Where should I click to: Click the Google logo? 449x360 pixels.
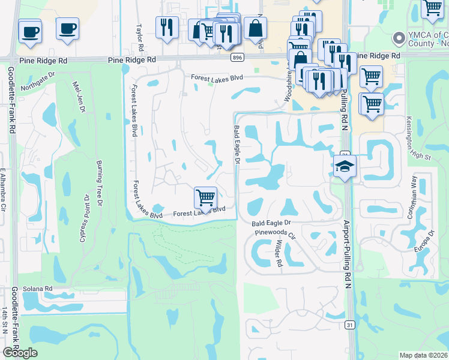[x=19, y=353]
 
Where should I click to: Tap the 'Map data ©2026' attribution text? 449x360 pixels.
[x=424, y=355]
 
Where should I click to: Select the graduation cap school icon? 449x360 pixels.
[x=345, y=167]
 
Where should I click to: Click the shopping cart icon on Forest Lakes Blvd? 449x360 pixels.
[x=206, y=197]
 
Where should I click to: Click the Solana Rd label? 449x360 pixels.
[x=38, y=289]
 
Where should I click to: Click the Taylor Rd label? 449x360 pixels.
[x=140, y=37]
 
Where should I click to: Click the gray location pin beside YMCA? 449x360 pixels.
[x=397, y=39]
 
